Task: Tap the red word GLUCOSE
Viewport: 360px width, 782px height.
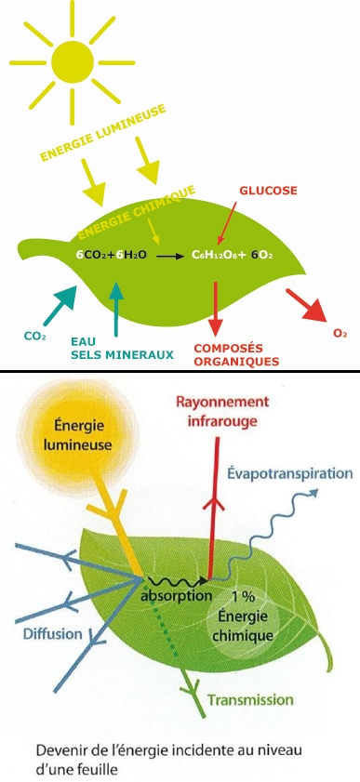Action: coord(268,191)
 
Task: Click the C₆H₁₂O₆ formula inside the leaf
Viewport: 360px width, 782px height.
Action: coord(220,253)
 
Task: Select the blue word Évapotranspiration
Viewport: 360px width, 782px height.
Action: coord(290,474)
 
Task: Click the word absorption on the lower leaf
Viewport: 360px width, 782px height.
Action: coord(175,595)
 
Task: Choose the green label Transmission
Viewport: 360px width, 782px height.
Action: coord(249,699)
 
